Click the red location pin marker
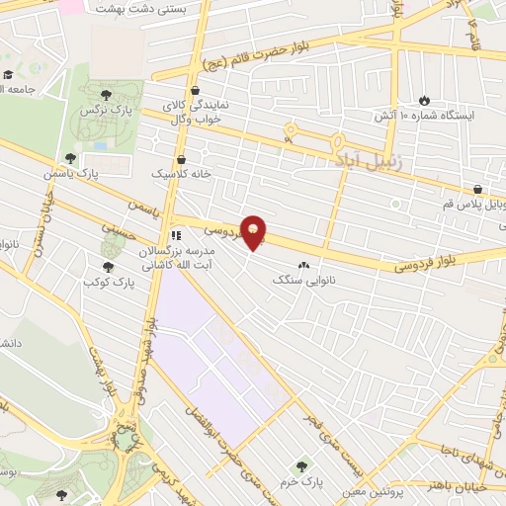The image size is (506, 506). coord(254,233)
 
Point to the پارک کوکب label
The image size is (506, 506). coord(108,283)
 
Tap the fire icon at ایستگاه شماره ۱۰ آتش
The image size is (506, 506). coord(424,100)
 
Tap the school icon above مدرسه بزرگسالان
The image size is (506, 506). coord(175,236)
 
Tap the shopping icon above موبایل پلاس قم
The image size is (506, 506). coord(477,188)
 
